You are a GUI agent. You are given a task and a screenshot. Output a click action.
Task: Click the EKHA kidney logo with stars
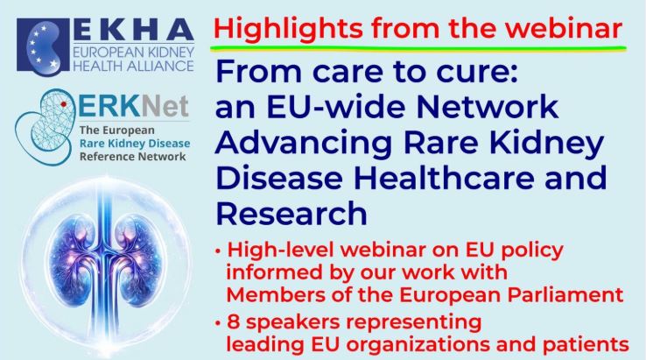point(43,45)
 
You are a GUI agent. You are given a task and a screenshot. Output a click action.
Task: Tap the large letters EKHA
point(133,30)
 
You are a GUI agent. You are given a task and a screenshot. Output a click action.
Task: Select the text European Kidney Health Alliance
point(133,59)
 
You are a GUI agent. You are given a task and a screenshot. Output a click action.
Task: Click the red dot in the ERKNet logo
point(63,104)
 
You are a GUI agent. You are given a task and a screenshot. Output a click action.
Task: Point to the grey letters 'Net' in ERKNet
point(165,106)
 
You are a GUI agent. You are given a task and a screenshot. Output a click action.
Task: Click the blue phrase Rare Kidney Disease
point(135,144)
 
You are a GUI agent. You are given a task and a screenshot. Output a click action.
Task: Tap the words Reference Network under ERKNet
point(133,157)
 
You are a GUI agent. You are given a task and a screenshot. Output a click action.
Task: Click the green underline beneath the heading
point(418,49)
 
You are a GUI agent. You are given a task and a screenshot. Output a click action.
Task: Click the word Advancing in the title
point(303,143)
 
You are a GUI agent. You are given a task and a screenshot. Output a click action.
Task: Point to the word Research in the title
point(291,213)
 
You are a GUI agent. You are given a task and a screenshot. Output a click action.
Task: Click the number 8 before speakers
point(234,321)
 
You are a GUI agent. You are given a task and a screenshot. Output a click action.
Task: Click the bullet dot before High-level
point(218,251)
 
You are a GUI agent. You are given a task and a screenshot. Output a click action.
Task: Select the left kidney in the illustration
point(75,261)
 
